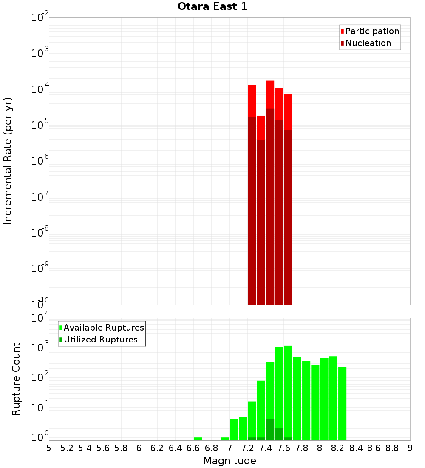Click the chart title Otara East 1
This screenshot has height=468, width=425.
[212, 7]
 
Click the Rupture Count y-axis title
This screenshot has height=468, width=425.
[16, 379]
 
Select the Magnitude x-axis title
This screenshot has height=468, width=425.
[229, 461]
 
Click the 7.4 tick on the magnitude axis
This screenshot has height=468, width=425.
[266, 448]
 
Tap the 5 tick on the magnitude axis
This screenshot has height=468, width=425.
[49, 448]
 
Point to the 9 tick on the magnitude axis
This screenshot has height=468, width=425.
[410, 448]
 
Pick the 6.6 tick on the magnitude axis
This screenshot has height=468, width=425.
[193, 448]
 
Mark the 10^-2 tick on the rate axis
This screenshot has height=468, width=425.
[40, 18]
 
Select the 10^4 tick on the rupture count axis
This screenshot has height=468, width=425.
[40, 318]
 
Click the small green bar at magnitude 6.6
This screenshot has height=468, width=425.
[198, 439]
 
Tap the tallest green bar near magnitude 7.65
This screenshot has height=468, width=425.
[288, 391]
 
